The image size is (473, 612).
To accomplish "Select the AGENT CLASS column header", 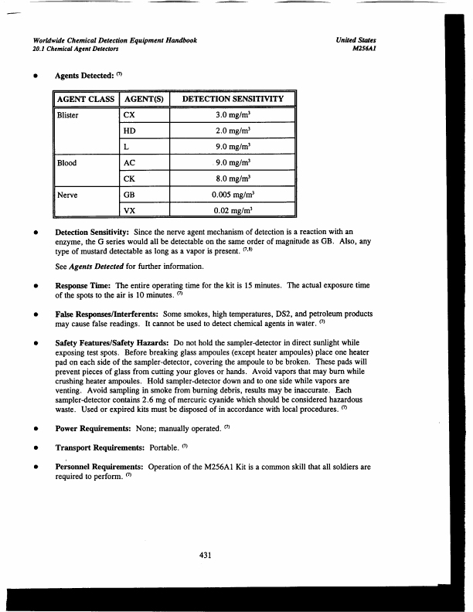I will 85,100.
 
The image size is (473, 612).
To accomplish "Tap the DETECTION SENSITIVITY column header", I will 233,100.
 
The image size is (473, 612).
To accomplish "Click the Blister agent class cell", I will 69,115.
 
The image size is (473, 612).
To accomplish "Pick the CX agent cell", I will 131,115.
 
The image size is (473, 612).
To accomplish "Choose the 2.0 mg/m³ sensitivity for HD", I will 233,131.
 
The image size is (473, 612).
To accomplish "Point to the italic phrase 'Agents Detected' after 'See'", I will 99,267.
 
